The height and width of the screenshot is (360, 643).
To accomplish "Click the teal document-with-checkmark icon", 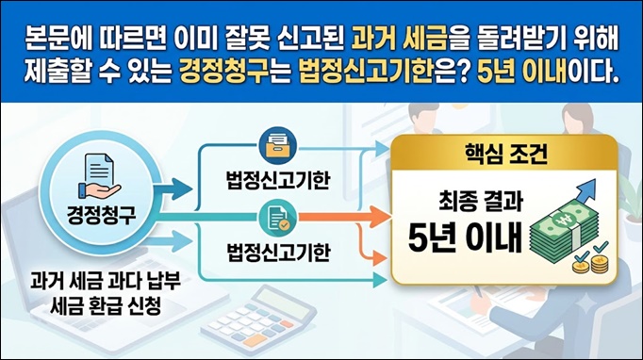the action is tap(277, 218).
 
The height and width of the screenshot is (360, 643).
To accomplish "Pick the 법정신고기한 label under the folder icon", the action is tap(278, 180).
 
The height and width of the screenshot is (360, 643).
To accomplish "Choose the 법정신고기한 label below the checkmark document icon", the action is tap(278, 252).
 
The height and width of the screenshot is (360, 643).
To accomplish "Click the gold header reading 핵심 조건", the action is tap(505, 155).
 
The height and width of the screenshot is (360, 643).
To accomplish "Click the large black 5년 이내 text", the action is tap(466, 237).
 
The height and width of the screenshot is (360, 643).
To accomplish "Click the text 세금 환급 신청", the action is tap(105, 305).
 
